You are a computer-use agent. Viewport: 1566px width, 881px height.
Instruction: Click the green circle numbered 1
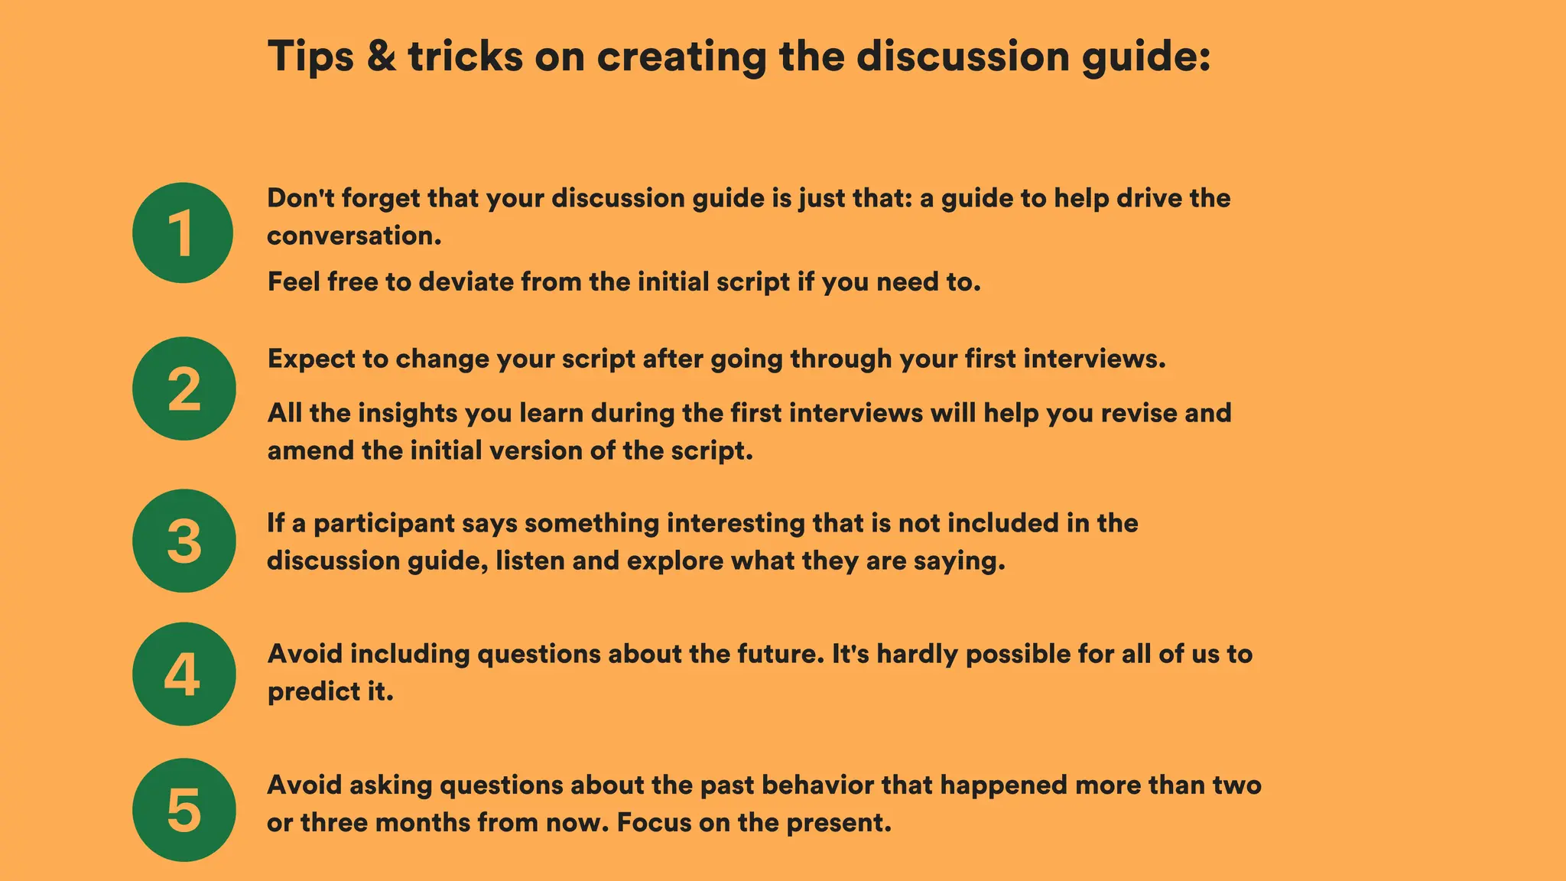tap(183, 232)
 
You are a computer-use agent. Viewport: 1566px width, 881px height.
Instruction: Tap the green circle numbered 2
tap(184, 388)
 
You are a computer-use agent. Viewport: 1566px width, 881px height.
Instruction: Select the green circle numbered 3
tap(184, 541)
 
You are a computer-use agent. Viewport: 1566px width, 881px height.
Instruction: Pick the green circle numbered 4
tap(184, 674)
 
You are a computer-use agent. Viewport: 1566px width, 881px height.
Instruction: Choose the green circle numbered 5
tap(184, 810)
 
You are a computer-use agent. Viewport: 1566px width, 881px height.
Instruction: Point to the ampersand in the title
tap(381, 57)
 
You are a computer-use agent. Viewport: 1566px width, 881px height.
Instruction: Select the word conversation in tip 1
tap(353, 236)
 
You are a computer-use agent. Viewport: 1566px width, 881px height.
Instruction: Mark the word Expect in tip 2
tap(311, 359)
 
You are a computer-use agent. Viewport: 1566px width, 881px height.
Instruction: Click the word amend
tap(311, 450)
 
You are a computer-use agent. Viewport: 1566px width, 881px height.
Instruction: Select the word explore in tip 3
tap(674, 561)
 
